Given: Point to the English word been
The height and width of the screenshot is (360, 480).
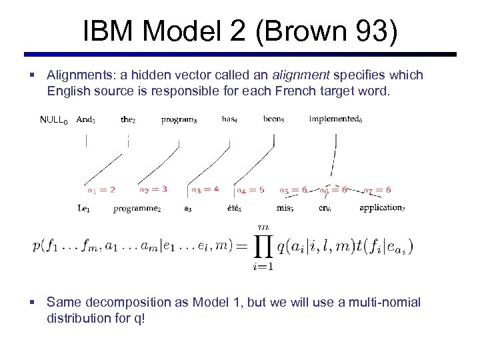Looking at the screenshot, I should [273, 119].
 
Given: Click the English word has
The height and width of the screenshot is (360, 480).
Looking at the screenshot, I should [229, 119].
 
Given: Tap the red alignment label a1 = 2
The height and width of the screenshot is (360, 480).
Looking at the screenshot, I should [101, 189].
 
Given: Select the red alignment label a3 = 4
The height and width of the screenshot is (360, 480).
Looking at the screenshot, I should [205, 189].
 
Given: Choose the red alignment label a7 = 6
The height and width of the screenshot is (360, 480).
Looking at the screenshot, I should [377, 190].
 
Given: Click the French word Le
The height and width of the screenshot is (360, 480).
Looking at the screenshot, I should [84, 209].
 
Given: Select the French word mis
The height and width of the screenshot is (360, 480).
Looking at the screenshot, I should [285, 208].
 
